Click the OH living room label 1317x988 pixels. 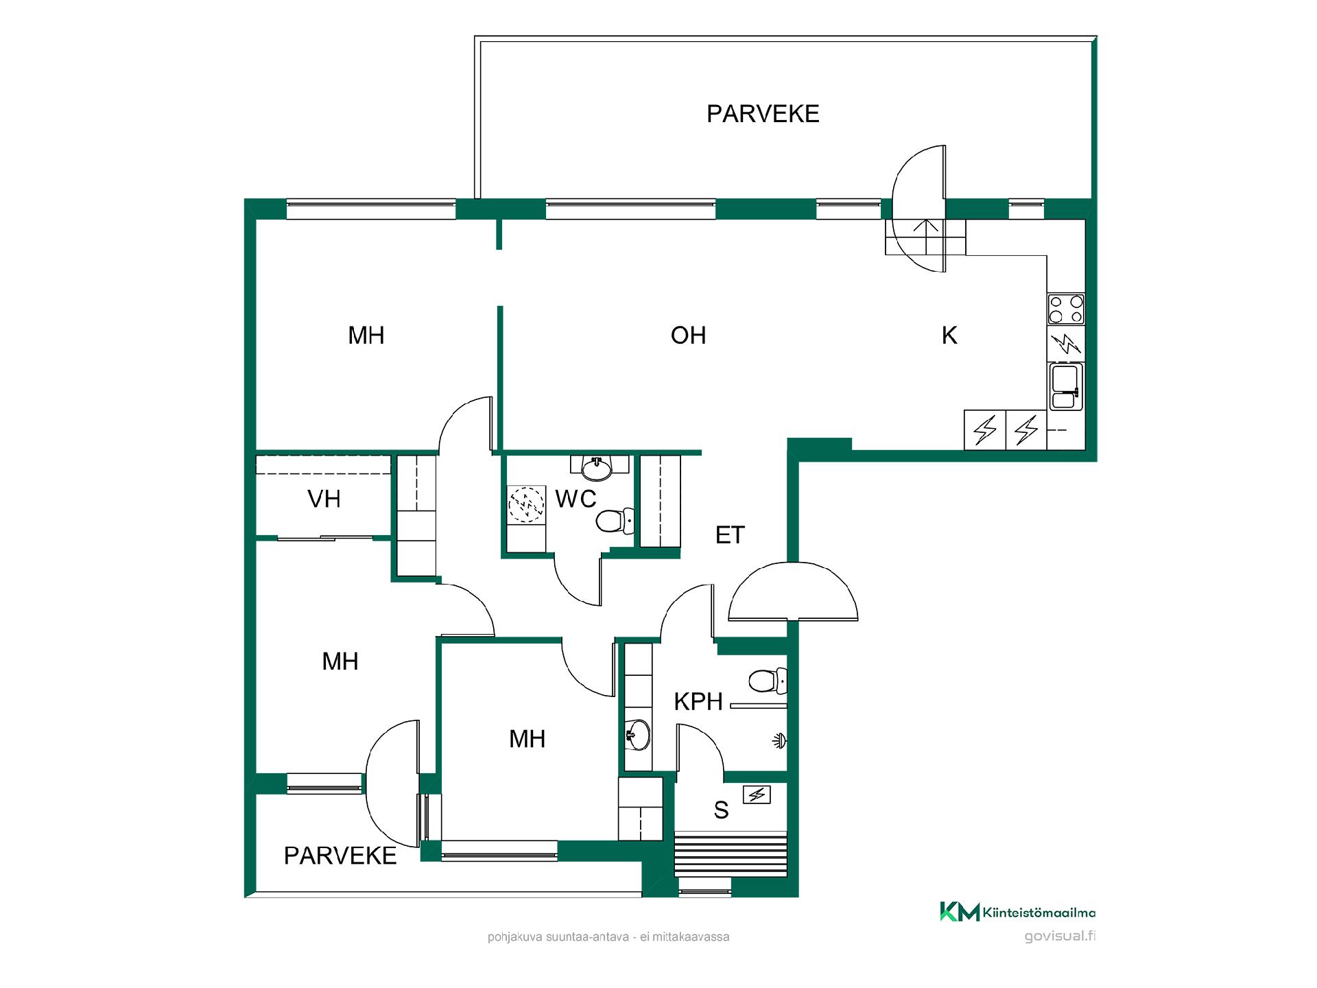pos(688,335)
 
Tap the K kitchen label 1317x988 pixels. pos(949,335)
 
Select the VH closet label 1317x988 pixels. pos(324,499)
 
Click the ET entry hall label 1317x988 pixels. pos(730,535)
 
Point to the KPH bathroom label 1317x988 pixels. pos(698,701)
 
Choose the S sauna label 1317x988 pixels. pos(721,810)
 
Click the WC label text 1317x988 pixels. pos(576,499)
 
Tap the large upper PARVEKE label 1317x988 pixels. pos(763,113)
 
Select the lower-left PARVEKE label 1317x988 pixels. pos(340,856)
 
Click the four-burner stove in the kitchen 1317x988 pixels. pos(1066,309)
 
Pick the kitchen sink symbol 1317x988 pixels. pos(1066,387)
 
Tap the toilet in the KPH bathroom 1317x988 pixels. pos(768,681)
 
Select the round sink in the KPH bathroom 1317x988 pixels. pos(637,736)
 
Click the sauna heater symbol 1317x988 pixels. pos(757,795)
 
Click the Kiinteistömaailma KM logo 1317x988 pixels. pos(1017,913)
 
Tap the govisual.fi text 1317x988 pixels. pos(1060,937)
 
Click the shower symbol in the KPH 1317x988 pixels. pos(779,741)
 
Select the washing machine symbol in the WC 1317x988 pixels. pos(526,505)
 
